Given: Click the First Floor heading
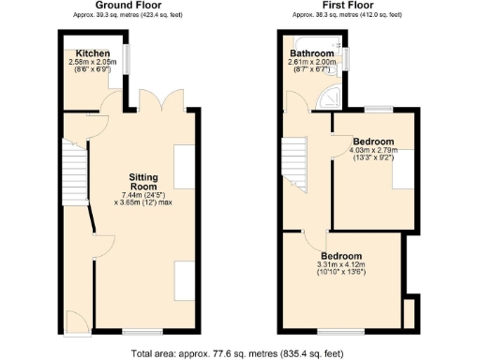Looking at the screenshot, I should tap(347, 6).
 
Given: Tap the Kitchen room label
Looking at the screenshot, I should tap(95, 53).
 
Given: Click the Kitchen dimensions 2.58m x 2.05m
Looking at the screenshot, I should tap(97, 62).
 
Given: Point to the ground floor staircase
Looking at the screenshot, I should tap(73, 169).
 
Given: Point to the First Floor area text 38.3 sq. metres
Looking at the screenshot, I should tap(347, 16).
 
